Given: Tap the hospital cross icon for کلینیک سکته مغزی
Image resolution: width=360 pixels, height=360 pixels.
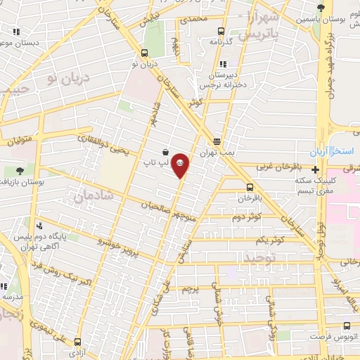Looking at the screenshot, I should tap(316, 169).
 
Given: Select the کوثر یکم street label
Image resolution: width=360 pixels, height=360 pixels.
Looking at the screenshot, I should tap(271, 240).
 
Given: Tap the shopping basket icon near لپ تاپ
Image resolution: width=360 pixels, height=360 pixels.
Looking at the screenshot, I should tap(165, 151).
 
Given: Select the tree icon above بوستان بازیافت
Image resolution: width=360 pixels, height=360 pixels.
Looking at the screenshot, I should tap(19, 169).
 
